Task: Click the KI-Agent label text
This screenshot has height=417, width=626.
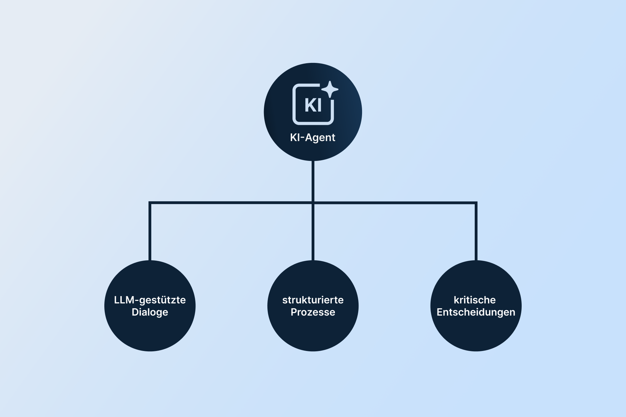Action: click(x=313, y=138)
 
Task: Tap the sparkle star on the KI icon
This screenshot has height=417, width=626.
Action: click(x=330, y=90)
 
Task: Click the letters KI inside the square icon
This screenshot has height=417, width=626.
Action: click(x=313, y=105)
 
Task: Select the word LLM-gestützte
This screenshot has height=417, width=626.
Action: click(x=150, y=300)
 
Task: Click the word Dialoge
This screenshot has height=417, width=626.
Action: click(x=150, y=312)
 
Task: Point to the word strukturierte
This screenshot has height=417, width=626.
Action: click(x=313, y=300)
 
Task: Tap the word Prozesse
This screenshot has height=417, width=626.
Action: click(x=313, y=312)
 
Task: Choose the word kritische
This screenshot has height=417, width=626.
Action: click(x=475, y=300)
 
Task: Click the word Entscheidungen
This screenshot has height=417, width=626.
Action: click(x=476, y=312)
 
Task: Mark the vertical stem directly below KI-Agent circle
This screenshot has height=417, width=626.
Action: click(x=313, y=181)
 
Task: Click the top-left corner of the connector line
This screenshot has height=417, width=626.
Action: click(x=150, y=203)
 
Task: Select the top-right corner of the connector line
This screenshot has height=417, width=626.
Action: click(x=476, y=203)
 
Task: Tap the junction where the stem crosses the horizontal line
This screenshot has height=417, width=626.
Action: click(x=313, y=203)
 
